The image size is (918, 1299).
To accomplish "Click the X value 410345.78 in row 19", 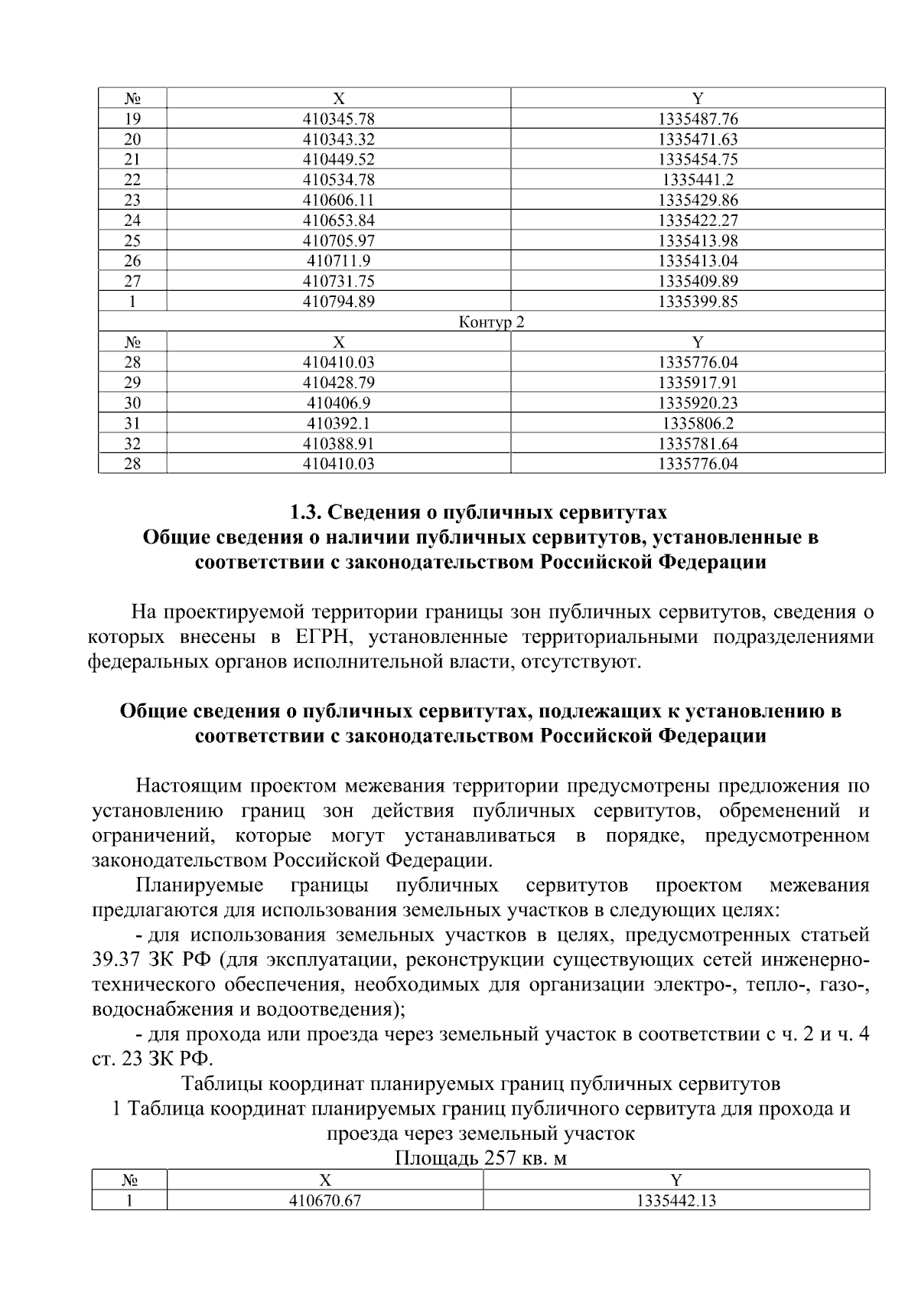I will [x=338, y=119].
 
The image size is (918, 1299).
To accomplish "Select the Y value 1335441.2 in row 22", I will [x=698, y=180].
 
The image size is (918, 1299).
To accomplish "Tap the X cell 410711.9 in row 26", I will [x=338, y=261].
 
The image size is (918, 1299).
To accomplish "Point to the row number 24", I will [x=132, y=220].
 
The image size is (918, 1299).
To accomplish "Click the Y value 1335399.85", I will [x=698, y=302].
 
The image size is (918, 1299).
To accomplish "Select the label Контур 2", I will [x=491, y=322].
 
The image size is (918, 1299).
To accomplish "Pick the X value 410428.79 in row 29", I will [x=338, y=383].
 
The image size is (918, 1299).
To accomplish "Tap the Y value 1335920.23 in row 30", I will [x=698, y=403].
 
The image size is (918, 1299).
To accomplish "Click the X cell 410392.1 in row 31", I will [x=338, y=423].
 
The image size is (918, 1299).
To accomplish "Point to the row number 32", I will [x=132, y=443].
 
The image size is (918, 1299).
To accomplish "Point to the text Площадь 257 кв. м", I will [x=480, y=1158].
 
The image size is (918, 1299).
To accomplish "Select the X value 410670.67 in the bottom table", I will [x=324, y=1201].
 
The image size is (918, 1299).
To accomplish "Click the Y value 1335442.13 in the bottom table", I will [x=676, y=1201].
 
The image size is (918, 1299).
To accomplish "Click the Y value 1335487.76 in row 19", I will [x=698, y=119].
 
